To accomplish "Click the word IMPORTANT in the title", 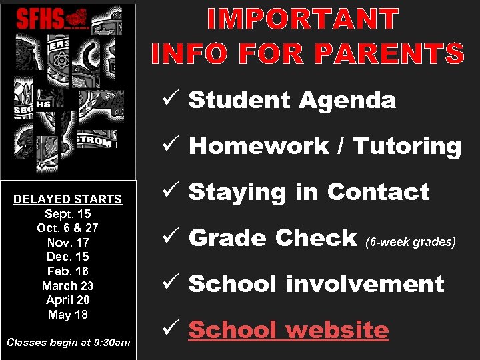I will (303, 20).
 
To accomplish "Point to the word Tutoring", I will (407, 146).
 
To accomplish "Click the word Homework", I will (259, 146).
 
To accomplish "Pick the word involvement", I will (365, 284).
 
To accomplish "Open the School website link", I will (289, 330).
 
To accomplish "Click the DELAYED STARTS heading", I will (68, 199).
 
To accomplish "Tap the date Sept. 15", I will (68, 213).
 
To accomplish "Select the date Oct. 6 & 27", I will (68, 228).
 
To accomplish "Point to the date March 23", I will (68, 285).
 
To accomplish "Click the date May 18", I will (68, 314).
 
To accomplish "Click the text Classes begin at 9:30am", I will (68, 343).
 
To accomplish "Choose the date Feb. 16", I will (68, 271).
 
